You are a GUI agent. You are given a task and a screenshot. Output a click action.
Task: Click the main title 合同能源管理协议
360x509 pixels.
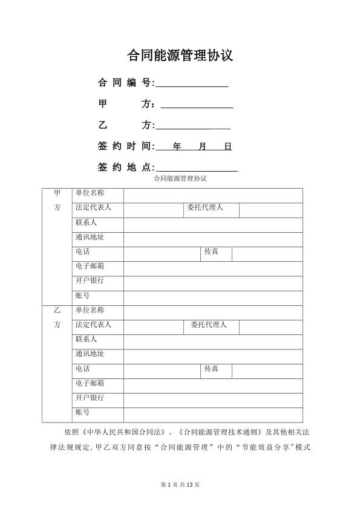click(180, 56)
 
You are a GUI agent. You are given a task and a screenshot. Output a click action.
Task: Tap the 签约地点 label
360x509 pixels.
click(124, 167)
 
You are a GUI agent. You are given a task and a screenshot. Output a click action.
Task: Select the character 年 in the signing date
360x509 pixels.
click(177, 146)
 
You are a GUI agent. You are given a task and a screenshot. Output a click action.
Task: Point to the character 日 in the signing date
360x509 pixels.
click(227, 146)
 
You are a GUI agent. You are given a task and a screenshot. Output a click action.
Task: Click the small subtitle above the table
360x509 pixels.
click(180, 179)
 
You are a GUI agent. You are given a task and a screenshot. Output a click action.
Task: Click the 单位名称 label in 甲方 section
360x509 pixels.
click(90, 193)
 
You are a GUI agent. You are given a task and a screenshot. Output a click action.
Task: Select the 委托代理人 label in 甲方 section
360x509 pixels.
click(205, 208)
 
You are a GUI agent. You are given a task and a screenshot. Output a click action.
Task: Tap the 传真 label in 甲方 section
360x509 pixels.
click(211, 251)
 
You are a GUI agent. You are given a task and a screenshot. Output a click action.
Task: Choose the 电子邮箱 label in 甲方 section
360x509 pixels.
click(90, 266)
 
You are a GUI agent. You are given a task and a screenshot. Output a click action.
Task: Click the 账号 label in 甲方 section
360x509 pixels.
click(82, 296)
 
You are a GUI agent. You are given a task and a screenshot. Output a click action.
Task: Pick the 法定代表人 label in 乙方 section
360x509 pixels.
click(93, 325)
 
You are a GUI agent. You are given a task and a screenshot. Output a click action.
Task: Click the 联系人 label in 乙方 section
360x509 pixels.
click(86, 339)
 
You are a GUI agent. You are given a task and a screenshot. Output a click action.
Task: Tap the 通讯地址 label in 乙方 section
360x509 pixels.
click(90, 354)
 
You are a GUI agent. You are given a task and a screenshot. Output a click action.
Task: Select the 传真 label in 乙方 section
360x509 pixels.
click(211, 368)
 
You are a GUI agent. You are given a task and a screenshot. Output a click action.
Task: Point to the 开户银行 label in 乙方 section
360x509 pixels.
click(90, 398)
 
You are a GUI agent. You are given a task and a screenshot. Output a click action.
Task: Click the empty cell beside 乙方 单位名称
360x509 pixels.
click(212, 311)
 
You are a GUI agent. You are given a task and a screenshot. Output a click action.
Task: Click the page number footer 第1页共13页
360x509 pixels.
click(180, 485)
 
